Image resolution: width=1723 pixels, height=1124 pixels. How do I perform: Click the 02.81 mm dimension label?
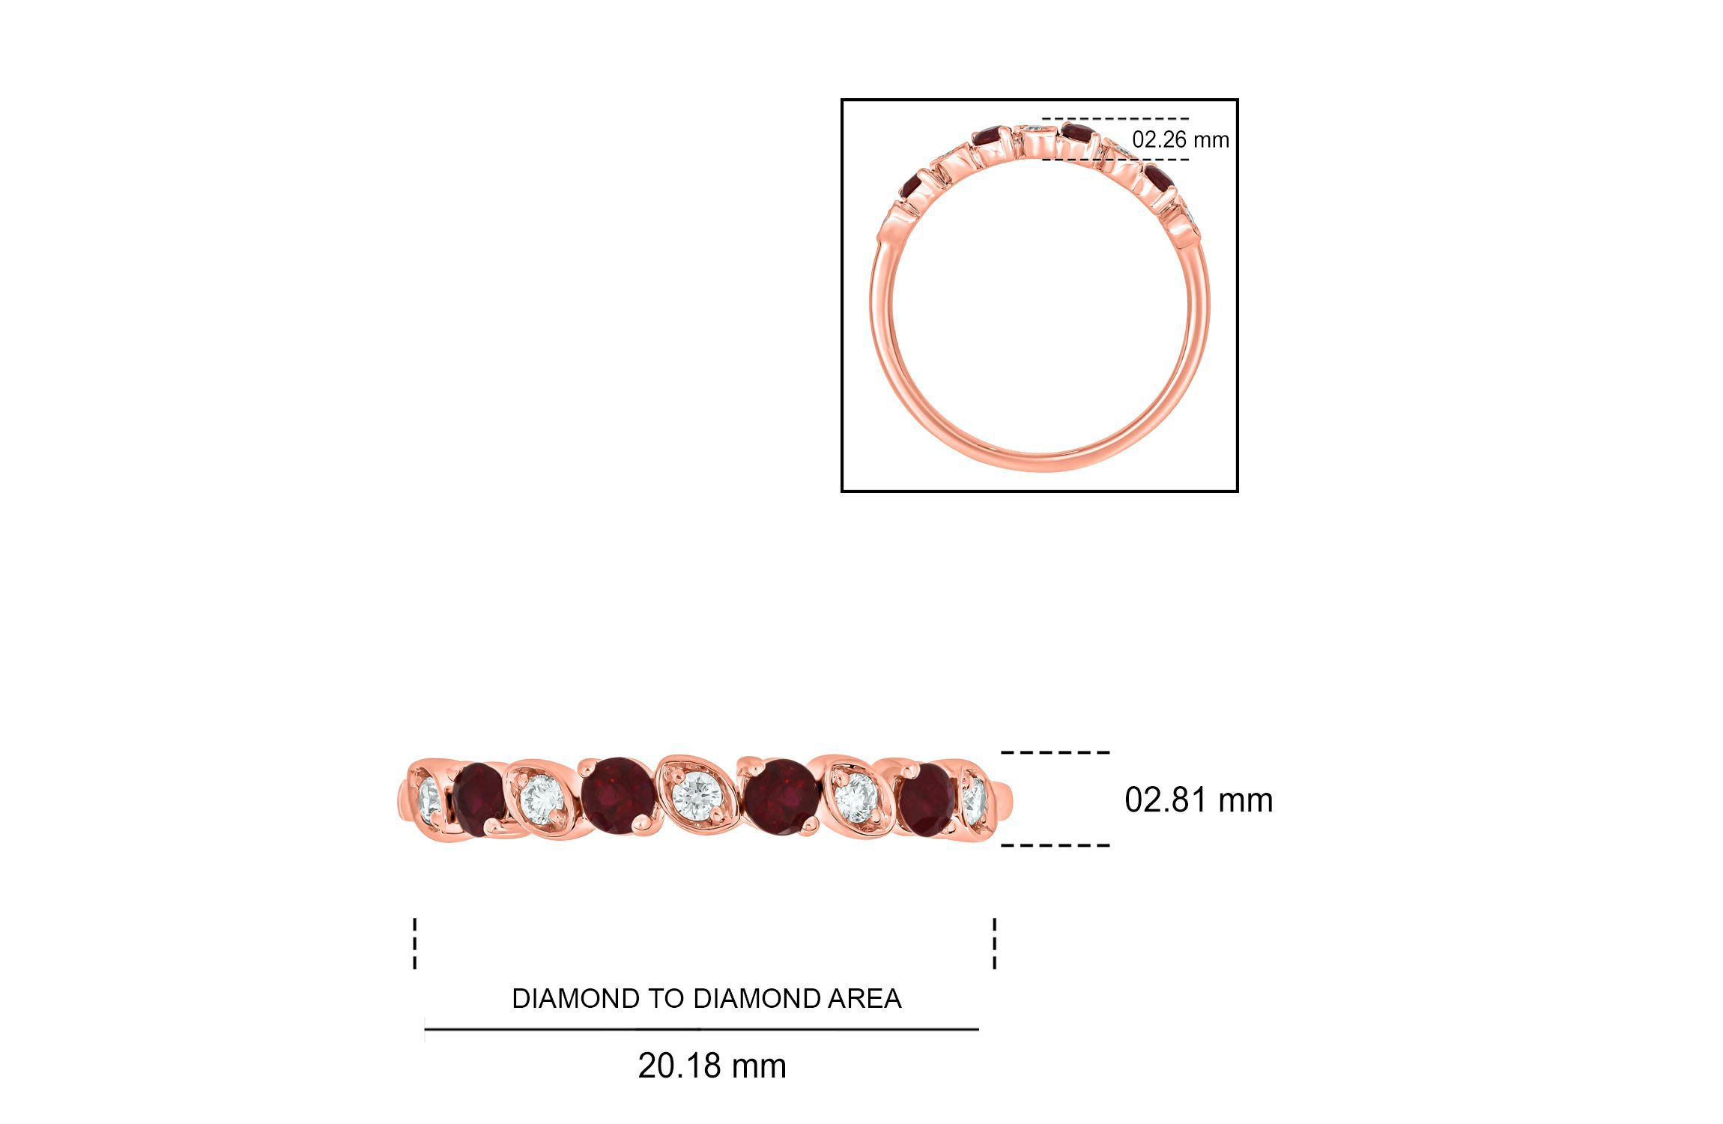coord(1198,800)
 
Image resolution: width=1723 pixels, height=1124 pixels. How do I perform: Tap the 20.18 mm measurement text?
coord(712,1066)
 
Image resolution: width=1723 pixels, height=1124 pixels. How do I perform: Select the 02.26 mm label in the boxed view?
coord(1180,139)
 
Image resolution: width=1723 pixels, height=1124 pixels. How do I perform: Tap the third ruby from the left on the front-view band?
coord(781,795)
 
